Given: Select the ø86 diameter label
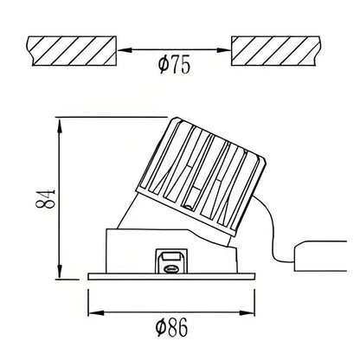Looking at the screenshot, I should [x=176, y=326].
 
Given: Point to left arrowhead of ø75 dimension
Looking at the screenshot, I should [x=122, y=49].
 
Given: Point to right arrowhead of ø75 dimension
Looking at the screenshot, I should [x=227, y=49].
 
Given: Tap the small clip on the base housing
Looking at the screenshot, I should [x=171, y=260].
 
